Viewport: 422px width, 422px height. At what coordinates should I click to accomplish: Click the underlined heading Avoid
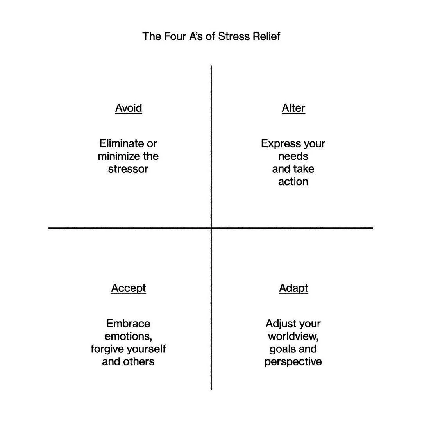tap(129, 108)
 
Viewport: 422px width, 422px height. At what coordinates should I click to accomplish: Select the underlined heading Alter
tap(293, 108)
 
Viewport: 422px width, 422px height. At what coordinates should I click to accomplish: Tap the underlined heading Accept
tap(129, 288)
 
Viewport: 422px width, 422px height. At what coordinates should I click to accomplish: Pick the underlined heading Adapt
tap(293, 288)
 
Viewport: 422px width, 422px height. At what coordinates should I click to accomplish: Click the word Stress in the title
tap(234, 36)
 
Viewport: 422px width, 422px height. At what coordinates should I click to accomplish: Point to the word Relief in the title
tap(265, 36)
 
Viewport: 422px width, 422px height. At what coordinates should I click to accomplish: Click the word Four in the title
tap(170, 36)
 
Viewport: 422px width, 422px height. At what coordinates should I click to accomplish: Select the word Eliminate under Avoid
tap(120, 143)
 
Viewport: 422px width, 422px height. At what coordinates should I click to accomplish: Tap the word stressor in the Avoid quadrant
tap(129, 169)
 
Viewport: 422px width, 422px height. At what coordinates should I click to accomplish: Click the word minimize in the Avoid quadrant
tap(119, 156)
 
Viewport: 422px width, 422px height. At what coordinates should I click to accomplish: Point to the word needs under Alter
tap(293, 156)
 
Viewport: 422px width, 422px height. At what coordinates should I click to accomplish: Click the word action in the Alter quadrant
tap(293, 182)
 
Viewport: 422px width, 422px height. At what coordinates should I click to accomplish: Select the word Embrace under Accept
tap(128, 324)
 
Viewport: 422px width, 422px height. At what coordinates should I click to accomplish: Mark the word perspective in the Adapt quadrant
tap(293, 361)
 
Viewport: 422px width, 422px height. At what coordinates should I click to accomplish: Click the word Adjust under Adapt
tap(279, 324)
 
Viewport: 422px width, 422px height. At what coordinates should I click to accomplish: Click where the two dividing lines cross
tap(211, 228)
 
